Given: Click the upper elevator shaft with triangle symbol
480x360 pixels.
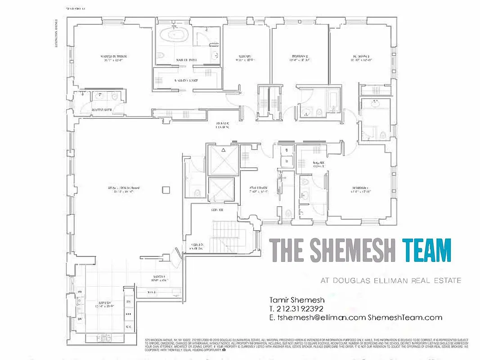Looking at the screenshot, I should [221, 159].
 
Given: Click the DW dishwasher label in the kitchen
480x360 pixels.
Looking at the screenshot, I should [81, 319].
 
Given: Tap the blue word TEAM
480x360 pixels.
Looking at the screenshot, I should [426, 250].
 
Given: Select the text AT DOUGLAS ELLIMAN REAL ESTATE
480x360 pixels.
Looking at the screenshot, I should [390, 280].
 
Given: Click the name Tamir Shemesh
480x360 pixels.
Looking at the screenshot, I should [297, 300].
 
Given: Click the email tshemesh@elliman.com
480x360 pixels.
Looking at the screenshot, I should [317, 318].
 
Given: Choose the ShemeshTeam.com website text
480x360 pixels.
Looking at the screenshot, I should [405, 318].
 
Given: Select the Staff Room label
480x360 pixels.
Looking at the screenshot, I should [259, 189].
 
